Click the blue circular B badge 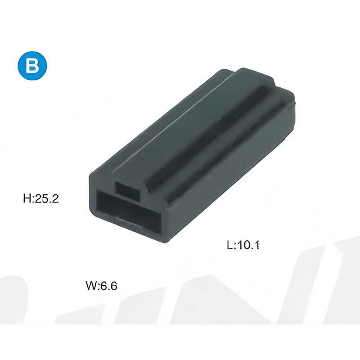(x=32, y=66)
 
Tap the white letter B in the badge (x=32, y=66)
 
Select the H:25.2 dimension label (x=41, y=198)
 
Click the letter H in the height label (x=27, y=198)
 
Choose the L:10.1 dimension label (x=243, y=245)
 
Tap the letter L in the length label (x=230, y=245)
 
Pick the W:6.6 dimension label (x=102, y=286)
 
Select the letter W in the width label (x=91, y=286)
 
